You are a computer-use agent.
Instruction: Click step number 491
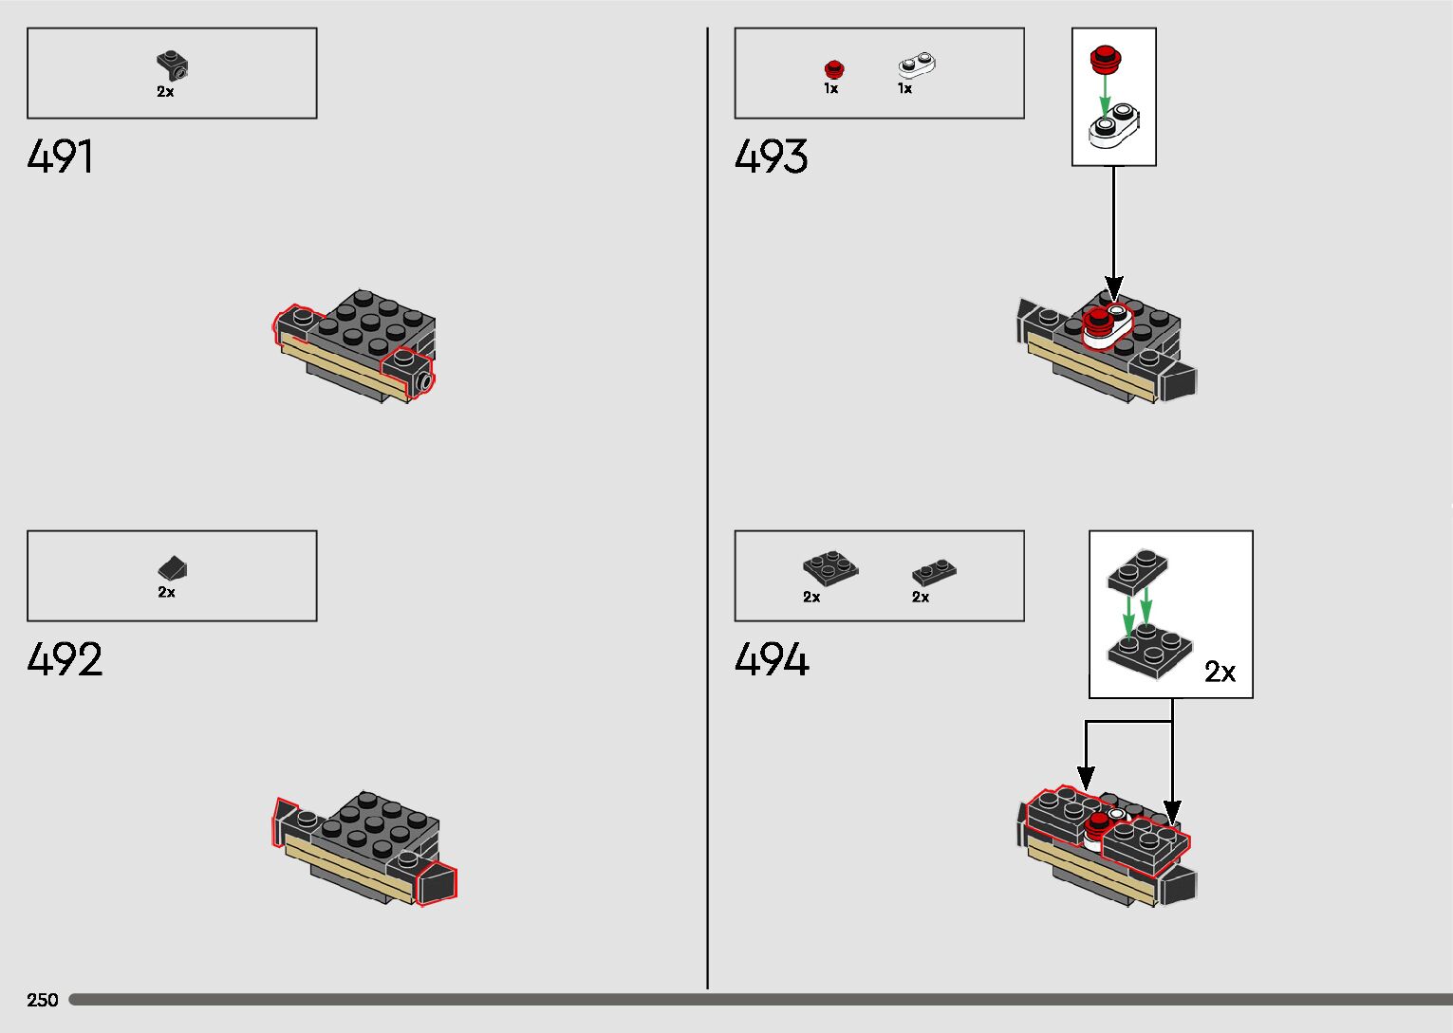click(61, 157)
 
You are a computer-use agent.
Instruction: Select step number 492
click(65, 659)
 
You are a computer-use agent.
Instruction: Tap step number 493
click(771, 157)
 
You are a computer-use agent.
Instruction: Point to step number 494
click(772, 659)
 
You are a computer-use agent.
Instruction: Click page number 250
click(43, 1000)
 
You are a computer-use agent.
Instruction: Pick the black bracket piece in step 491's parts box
click(172, 65)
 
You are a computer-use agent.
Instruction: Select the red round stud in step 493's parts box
click(833, 68)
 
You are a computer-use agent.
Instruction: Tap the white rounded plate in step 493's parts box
click(917, 65)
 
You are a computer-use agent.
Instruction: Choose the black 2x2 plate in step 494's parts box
click(829, 567)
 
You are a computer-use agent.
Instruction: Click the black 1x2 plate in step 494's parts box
click(934, 571)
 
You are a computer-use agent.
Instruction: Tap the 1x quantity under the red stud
click(830, 88)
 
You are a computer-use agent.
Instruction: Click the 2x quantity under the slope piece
click(166, 592)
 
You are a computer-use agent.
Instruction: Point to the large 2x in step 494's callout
click(1220, 672)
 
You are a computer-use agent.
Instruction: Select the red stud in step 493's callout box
click(1104, 59)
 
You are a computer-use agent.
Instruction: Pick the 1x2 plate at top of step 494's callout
click(1137, 571)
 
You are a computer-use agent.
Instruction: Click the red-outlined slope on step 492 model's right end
click(437, 883)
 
